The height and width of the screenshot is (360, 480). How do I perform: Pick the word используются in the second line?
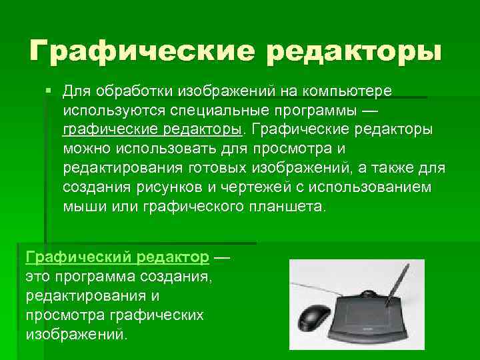pyautogui.click(x=113, y=109)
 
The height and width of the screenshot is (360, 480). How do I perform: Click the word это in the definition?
pyautogui.click(x=39, y=276)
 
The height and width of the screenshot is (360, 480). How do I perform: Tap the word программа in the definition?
pyautogui.click(x=103, y=276)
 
